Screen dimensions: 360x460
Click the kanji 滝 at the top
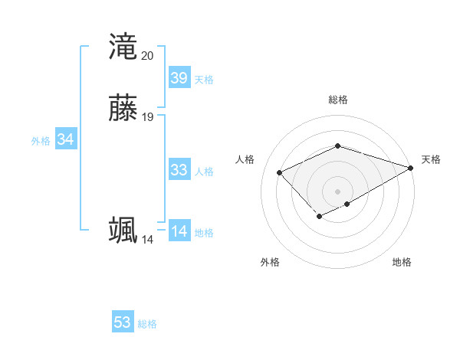click(x=123, y=47)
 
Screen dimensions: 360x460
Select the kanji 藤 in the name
click(x=123, y=108)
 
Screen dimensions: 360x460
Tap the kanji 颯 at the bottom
click(x=123, y=231)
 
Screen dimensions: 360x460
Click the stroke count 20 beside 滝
click(x=147, y=56)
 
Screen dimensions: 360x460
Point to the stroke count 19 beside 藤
click(x=147, y=117)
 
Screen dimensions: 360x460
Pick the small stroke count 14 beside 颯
click(x=147, y=240)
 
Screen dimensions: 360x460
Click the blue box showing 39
click(x=179, y=78)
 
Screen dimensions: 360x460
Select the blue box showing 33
click(x=179, y=170)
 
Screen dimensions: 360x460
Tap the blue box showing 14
click(x=179, y=231)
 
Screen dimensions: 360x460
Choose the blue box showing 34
click(x=65, y=139)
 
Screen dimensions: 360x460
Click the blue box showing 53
click(x=123, y=322)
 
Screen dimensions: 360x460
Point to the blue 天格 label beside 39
click(x=204, y=80)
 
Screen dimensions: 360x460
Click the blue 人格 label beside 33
click(x=204, y=172)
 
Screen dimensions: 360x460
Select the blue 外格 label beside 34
click(x=41, y=141)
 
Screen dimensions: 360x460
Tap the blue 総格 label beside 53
click(x=147, y=324)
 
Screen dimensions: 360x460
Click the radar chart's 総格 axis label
click(x=337, y=100)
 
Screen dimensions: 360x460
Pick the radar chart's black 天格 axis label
click(x=431, y=159)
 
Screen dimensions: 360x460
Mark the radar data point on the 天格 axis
click(x=412, y=168)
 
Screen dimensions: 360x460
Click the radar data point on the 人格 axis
click(x=280, y=172)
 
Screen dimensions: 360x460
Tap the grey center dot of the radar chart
click(x=337, y=191)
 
